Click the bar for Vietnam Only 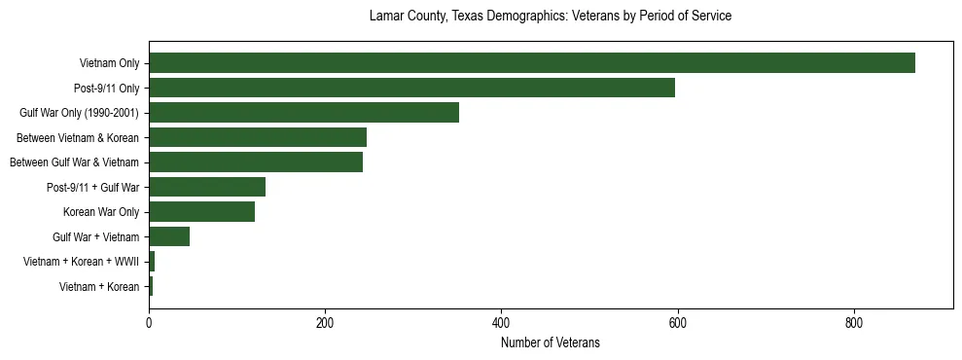(531, 63)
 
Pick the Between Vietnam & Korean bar (258, 137)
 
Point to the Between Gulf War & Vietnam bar (256, 162)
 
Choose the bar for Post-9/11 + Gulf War (207, 187)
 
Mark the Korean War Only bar (201, 212)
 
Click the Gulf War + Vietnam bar (169, 236)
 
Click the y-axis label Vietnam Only (109, 64)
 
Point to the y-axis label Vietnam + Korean (99, 286)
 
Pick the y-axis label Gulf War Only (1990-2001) (79, 113)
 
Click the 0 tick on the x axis (149, 322)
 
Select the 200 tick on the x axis (325, 322)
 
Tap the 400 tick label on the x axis (501, 322)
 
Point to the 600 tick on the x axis (678, 322)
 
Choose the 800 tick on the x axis (854, 322)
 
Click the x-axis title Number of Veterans (550, 342)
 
